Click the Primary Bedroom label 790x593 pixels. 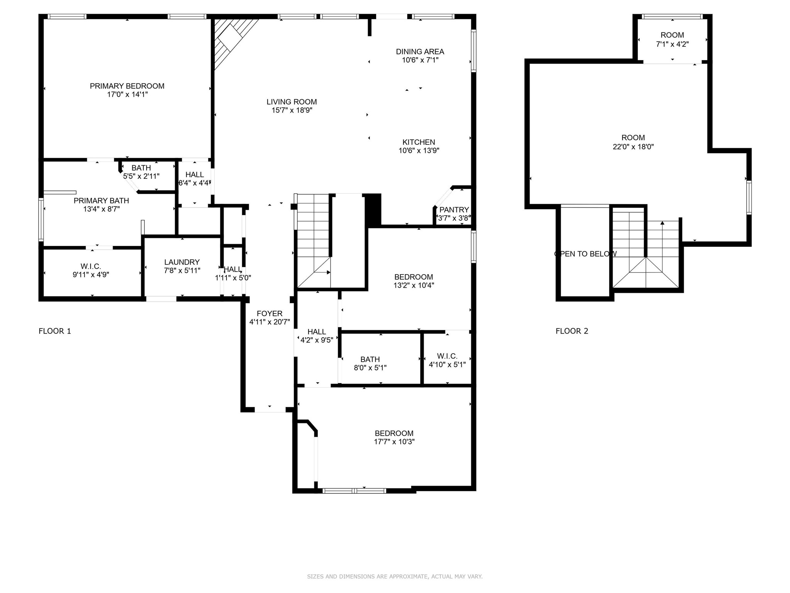point(127,86)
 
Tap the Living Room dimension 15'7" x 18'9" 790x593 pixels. point(292,110)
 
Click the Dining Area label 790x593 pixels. point(420,52)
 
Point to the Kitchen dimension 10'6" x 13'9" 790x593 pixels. point(419,151)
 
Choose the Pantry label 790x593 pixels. point(454,210)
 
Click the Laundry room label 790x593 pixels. point(182,262)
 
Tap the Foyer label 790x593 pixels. point(270,313)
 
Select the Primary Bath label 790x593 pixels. point(101,201)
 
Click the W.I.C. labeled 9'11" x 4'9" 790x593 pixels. point(91,271)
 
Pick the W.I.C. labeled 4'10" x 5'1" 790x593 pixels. point(447,360)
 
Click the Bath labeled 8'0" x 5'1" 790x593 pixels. point(370,363)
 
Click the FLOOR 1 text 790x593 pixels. point(55,331)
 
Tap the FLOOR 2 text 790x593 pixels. point(572,331)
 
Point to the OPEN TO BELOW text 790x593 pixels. point(585,254)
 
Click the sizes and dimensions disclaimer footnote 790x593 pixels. point(395,576)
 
